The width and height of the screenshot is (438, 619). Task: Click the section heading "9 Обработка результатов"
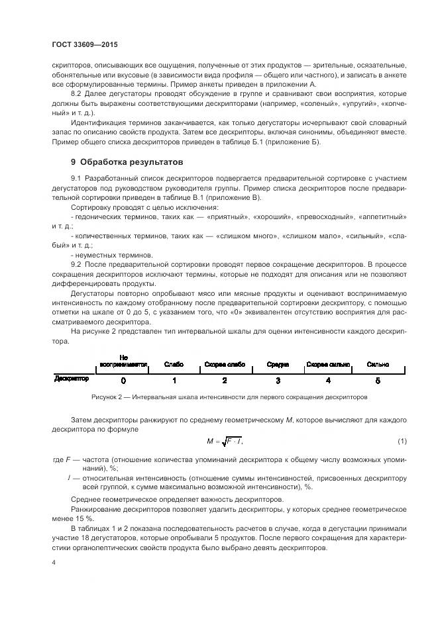coord(126,162)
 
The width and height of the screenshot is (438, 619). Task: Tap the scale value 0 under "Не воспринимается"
coord(123,381)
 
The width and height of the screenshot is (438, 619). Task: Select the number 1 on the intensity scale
coord(174,381)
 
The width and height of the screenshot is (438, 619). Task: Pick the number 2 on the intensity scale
coord(225,381)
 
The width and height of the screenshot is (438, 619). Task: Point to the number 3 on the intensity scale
coord(278,381)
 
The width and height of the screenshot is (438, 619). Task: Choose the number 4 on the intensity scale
coord(328,381)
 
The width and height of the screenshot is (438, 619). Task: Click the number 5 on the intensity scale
coord(378,381)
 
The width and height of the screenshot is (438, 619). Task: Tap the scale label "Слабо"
coord(174,365)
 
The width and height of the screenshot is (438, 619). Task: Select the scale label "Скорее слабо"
coord(225,365)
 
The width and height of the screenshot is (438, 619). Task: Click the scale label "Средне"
coord(278,365)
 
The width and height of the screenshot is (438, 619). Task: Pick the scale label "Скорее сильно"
coord(328,365)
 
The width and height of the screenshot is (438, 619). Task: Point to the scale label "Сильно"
coord(378,365)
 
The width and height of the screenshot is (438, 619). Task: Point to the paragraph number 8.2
coord(76,95)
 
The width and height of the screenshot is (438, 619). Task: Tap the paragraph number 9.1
coord(76,179)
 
